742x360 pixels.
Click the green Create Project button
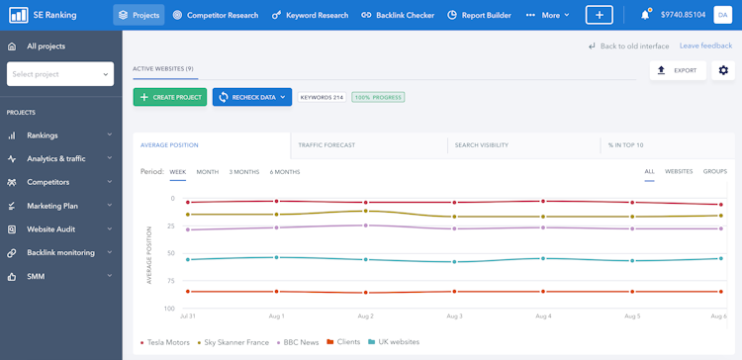(x=169, y=97)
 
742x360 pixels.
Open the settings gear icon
(x=723, y=70)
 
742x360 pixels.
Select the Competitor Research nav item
(x=215, y=15)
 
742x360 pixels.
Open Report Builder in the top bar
(x=479, y=15)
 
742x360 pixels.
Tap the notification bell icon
(x=645, y=15)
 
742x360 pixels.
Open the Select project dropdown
(x=59, y=74)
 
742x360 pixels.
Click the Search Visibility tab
(x=481, y=145)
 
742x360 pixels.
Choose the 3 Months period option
(x=244, y=172)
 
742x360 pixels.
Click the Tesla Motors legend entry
(x=165, y=342)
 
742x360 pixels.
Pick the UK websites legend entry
(x=393, y=342)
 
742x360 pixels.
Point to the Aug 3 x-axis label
(x=454, y=316)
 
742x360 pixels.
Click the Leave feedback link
(x=705, y=45)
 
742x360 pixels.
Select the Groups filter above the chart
(x=714, y=172)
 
